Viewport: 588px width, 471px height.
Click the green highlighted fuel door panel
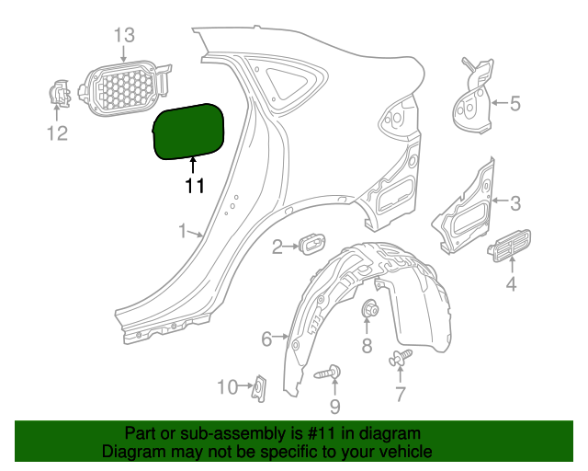(188, 132)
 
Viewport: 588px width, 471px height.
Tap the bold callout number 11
(195, 186)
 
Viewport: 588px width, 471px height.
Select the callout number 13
(124, 35)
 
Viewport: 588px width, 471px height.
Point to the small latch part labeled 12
(59, 94)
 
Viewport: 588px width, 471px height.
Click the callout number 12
(57, 133)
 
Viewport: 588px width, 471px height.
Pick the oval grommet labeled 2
(312, 244)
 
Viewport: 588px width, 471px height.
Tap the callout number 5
(515, 103)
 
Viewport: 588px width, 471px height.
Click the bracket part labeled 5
(474, 97)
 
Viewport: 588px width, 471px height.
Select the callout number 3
(516, 203)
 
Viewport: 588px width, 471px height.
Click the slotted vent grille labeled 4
(509, 246)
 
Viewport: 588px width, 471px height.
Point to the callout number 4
(511, 283)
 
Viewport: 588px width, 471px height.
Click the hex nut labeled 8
(369, 309)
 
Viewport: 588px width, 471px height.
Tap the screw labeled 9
(328, 373)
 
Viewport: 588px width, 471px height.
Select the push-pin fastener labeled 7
(401, 357)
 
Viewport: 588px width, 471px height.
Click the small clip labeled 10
(260, 388)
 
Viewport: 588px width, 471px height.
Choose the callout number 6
(266, 339)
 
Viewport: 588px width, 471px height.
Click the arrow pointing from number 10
(245, 385)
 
